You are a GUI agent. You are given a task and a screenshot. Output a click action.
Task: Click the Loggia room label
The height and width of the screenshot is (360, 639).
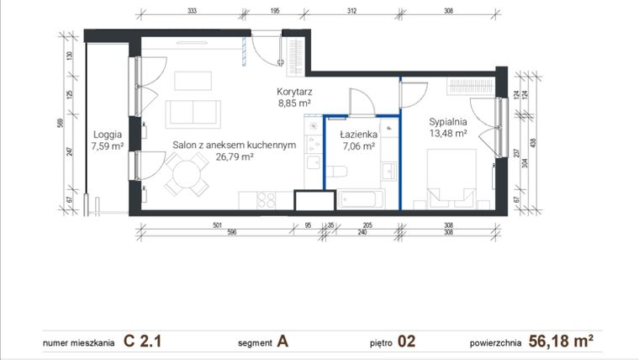pyautogui.click(x=108, y=134)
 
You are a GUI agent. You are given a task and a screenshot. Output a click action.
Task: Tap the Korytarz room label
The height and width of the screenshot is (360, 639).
pyautogui.click(x=294, y=92)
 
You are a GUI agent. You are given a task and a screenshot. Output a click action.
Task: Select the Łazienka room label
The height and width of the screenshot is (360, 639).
pyautogui.click(x=359, y=134)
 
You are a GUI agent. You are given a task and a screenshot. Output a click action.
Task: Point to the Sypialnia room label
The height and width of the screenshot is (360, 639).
pyautogui.click(x=447, y=120)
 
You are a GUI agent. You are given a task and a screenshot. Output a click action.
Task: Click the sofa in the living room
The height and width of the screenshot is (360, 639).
pyautogui.click(x=193, y=114)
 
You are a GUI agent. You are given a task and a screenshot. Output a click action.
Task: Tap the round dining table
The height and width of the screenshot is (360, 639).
pyautogui.click(x=187, y=176)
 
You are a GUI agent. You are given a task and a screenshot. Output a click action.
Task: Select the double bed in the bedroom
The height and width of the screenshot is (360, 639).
pyautogui.click(x=452, y=178)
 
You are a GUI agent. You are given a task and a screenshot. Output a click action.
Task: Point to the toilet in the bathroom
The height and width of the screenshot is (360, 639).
pyautogui.click(x=338, y=172)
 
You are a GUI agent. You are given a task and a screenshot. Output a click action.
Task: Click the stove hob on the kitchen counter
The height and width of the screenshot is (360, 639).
pyautogui.click(x=267, y=200)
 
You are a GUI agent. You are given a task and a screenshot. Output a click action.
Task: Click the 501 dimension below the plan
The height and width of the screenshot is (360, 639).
pyautogui.click(x=217, y=225)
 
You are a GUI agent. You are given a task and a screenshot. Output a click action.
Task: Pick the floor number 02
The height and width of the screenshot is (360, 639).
pyautogui.click(x=406, y=341)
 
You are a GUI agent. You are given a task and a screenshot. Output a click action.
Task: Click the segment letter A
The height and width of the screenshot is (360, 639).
pyautogui.click(x=283, y=341)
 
